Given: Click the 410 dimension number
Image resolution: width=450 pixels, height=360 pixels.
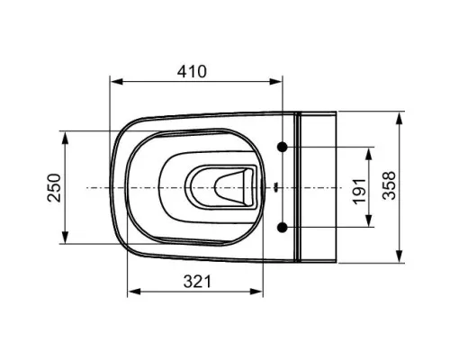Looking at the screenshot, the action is pyautogui.click(x=192, y=72).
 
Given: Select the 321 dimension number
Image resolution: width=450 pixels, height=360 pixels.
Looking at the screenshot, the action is pyautogui.click(x=197, y=282).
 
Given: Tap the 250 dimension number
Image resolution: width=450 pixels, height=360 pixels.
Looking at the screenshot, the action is pyautogui.click(x=54, y=187).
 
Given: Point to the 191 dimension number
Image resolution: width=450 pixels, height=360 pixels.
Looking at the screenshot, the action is pyautogui.click(x=359, y=192).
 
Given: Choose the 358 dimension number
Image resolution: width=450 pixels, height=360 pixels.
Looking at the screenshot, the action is pyautogui.click(x=389, y=185).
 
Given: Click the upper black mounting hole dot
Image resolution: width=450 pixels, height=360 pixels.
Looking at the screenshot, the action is pyautogui.click(x=282, y=147).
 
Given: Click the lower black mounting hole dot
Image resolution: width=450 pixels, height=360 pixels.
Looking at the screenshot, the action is pyautogui.click(x=282, y=228).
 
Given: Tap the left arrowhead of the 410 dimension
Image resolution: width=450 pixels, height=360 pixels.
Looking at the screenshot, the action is pyautogui.click(x=117, y=82).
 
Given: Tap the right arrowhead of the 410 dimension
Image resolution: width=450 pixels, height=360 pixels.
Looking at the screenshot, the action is pyautogui.click(x=275, y=82).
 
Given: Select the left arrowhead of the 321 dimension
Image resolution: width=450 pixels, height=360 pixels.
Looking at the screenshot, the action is pyautogui.click(x=134, y=292).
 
